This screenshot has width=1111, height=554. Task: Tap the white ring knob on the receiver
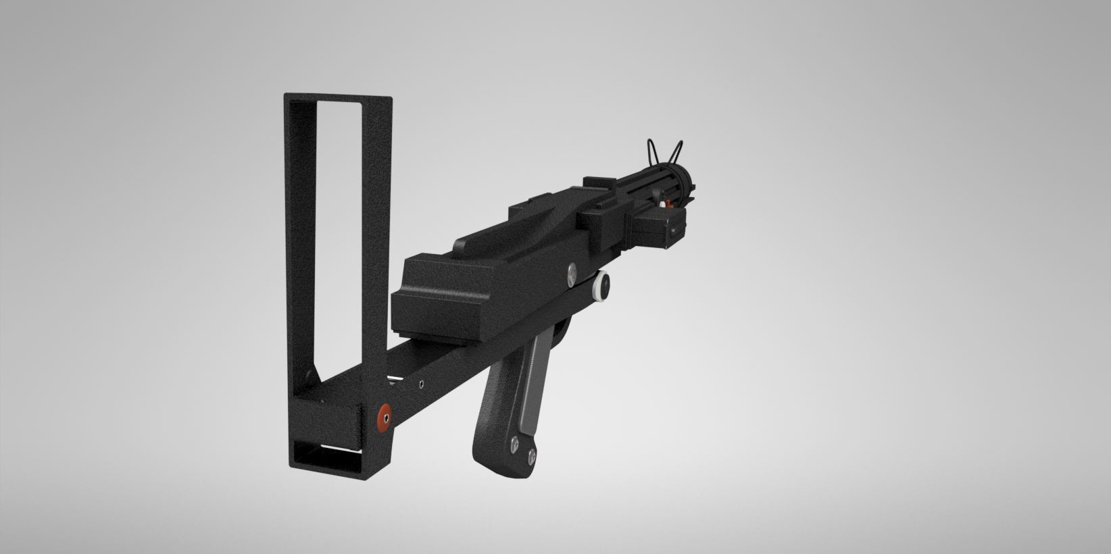600,286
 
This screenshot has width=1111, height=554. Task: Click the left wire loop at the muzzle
653,150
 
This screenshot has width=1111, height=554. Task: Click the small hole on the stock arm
422,384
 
